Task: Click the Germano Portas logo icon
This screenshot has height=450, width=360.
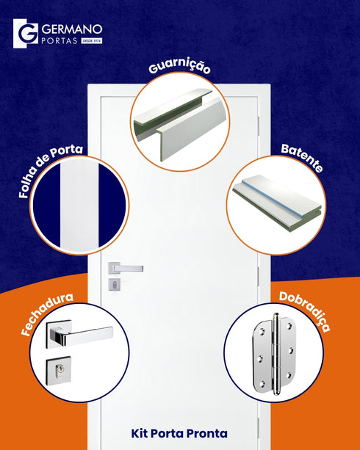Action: (x=26, y=34)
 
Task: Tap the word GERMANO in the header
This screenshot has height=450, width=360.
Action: (x=72, y=29)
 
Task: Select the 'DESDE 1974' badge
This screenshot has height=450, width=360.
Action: (x=92, y=41)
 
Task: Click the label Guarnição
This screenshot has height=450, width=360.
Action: (x=180, y=67)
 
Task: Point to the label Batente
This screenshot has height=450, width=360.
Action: (x=301, y=159)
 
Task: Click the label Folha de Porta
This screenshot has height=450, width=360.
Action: (x=50, y=172)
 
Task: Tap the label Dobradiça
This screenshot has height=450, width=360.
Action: (x=304, y=311)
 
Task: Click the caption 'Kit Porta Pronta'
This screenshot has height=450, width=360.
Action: (x=179, y=433)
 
